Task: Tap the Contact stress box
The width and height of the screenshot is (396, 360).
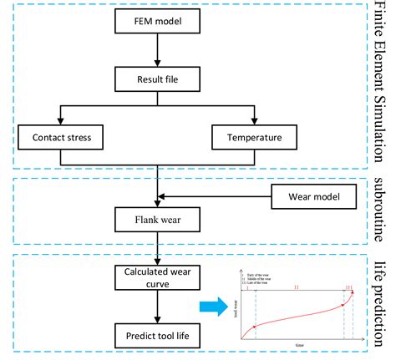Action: click(62, 136)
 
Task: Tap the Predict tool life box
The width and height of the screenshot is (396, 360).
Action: click(155, 334)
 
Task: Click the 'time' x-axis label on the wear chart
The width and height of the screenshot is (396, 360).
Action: click(298, 343)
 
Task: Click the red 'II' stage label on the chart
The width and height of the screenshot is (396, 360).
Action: click(298, 286)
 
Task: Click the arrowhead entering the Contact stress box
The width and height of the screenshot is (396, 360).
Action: click(62, 120)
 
